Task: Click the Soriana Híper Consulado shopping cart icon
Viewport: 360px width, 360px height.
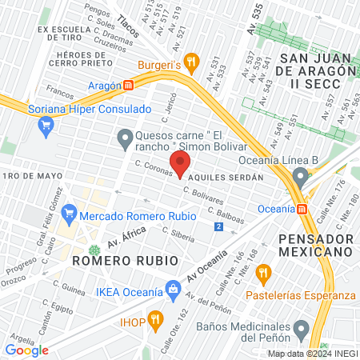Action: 46,124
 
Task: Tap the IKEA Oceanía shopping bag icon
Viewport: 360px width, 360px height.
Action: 172,289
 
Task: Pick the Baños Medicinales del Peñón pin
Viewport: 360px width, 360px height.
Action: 301,328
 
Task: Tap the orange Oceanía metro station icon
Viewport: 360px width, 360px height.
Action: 302,210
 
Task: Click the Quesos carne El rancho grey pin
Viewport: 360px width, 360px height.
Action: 124,141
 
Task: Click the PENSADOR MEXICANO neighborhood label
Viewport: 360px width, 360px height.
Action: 316,245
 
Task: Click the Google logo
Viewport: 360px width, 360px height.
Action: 26,350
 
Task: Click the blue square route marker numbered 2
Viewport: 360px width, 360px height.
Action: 218,226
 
